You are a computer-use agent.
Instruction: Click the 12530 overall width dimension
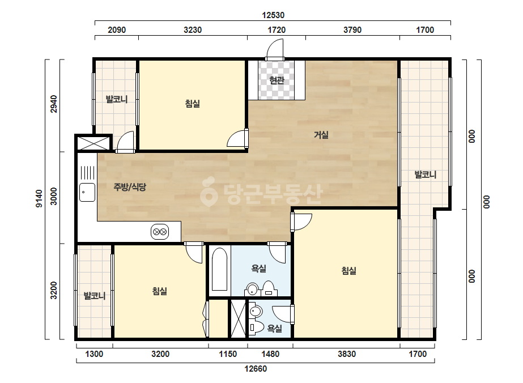(273, 15)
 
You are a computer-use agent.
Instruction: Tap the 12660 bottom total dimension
(256, 369)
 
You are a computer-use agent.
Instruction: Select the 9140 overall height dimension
(39, 198)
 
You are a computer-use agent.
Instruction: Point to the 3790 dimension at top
(352, 30)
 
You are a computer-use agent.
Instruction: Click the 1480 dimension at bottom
(270, 354)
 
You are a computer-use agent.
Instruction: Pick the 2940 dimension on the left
(54, 104)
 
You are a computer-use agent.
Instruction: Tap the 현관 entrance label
(277, 80)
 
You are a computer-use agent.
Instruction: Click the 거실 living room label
(321, 135)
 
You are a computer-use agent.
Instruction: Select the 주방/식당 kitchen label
(130, 187)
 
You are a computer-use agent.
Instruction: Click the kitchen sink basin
(87, 192)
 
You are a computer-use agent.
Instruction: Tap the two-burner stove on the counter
(159, 232)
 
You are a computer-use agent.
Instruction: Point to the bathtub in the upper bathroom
(219, 269)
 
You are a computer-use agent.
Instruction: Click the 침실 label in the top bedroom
(193, 104)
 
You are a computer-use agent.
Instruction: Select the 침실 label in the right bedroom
(349, 270)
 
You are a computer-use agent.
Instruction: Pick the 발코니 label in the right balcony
(426, 175)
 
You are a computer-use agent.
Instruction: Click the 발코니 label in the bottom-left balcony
(95, 296)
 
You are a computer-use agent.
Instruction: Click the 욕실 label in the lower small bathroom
(274, 329)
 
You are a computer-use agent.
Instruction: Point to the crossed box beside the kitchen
(93, 143)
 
